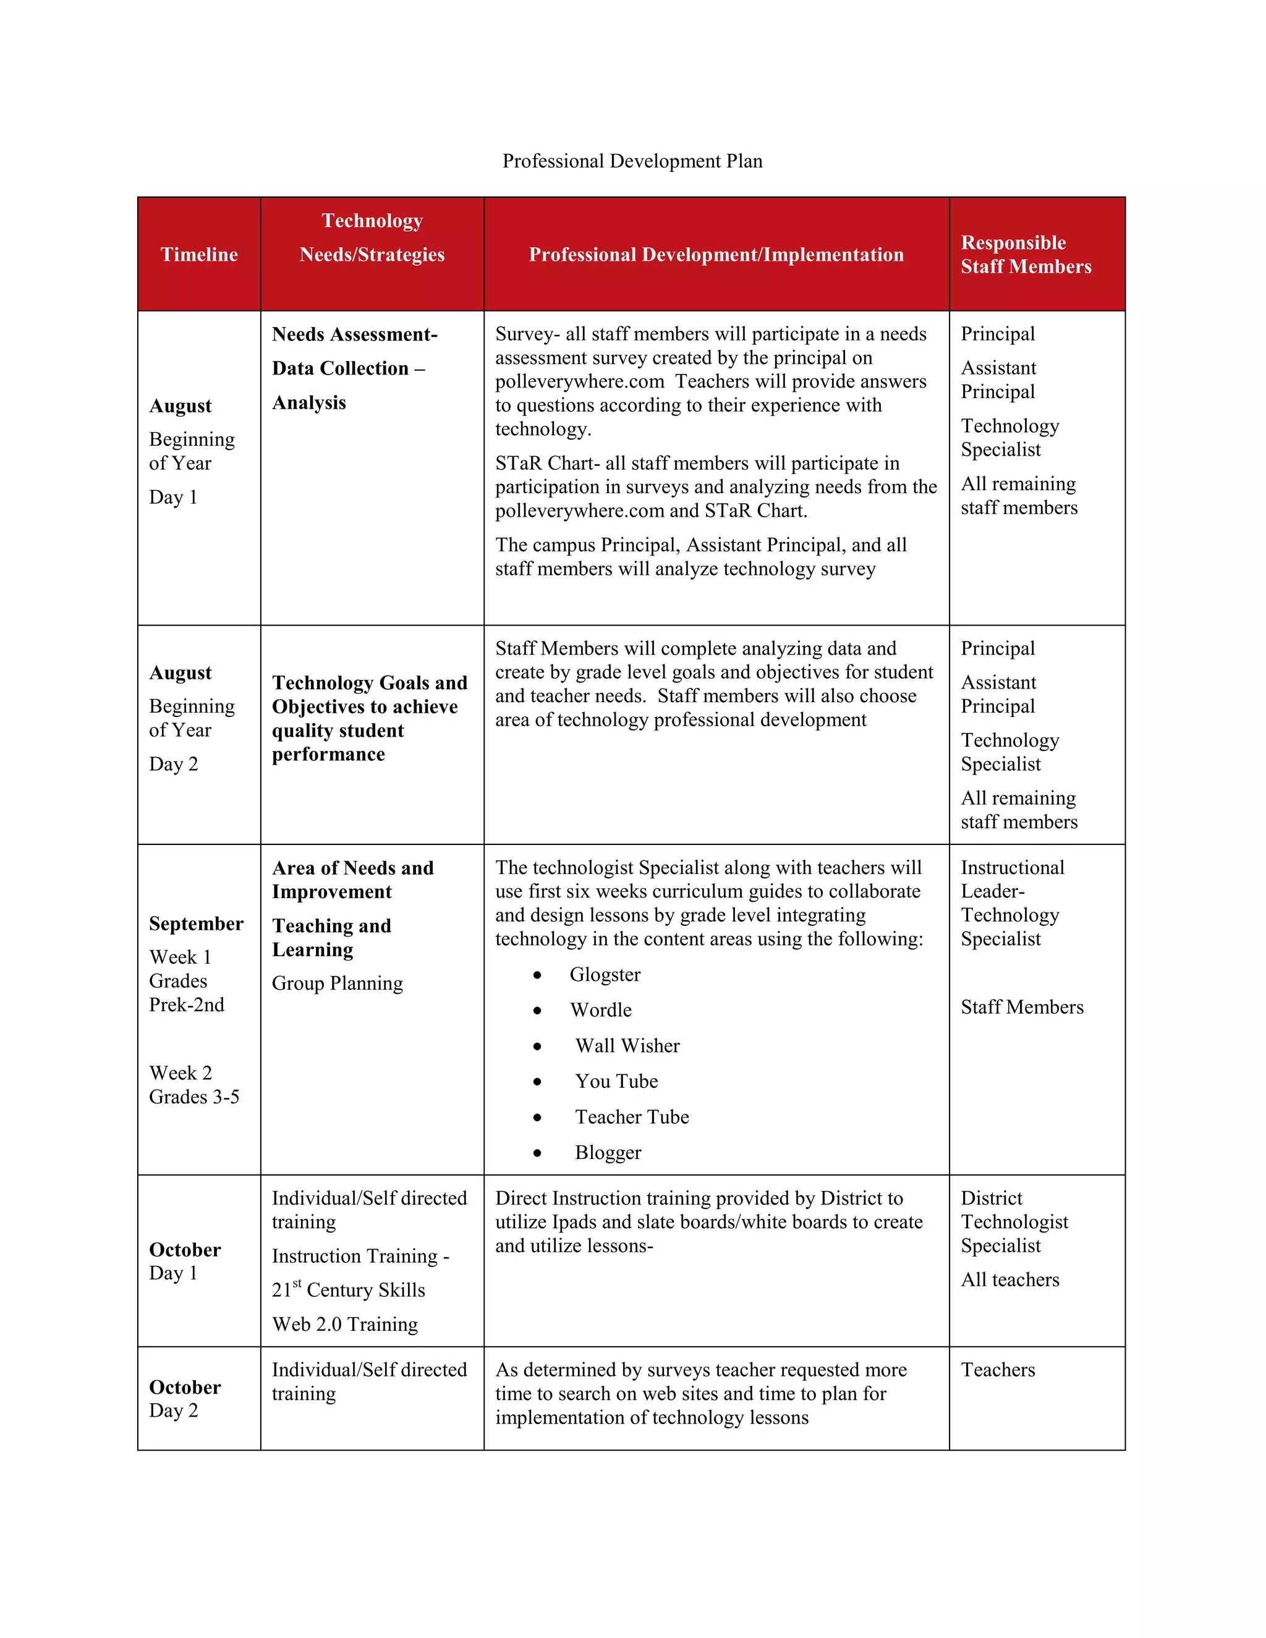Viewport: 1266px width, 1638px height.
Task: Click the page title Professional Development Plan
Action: click(632, 161)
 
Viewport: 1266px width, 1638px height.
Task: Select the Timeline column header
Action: click(199, 254)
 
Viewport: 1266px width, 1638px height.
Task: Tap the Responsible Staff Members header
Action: click(1026, 254)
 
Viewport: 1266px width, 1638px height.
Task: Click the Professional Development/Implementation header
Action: click(716, 254)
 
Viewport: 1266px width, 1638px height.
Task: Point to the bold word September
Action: click(196, 923)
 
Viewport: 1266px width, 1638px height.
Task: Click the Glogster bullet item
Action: click(605, 974)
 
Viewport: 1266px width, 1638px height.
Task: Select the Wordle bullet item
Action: click(601, 1010)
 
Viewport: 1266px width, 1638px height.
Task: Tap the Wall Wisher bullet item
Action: click(627, 1045)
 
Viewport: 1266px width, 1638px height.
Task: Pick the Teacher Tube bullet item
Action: click(632, 1117)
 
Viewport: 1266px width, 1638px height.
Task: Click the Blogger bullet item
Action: click(608, 1152)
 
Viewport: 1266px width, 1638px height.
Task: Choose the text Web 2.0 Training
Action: click(345, 1324)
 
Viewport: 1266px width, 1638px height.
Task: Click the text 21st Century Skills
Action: click(348, 1290)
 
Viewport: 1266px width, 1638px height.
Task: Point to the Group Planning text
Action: click(337, 983)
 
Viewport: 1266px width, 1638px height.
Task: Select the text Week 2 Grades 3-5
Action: click(193, 1085)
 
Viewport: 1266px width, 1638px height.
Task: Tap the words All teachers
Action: click(1010, 1279)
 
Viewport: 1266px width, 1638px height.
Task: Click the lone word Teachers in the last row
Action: click(998, 1370)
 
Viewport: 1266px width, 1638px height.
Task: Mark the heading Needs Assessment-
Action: click(354, 334)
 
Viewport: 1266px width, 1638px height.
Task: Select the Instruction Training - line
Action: click(360, 1255)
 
